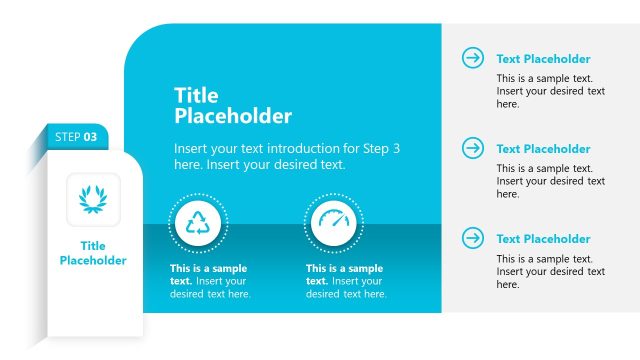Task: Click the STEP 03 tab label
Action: coord(76,136)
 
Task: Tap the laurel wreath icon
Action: coord(93,199)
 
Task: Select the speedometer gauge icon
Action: coord(336,224)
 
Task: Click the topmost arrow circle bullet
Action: coord(472,58)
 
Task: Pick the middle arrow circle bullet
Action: coord(472,148)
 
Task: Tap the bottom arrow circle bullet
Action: coord(472,238)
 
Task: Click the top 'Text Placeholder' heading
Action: coord(543,59)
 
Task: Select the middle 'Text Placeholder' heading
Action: coord(543,149)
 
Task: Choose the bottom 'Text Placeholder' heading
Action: coord(543,239)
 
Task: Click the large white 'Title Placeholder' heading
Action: coord(233,105)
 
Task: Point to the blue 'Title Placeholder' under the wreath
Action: coord(93,253)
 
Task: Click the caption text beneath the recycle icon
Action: coord(210,281)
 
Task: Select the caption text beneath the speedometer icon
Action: coord(346,281)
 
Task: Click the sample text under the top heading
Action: coord(550,91)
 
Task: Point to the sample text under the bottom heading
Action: coord(550,271)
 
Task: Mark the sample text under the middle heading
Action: coord(550,181)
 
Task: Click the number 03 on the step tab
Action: coord(90,136)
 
